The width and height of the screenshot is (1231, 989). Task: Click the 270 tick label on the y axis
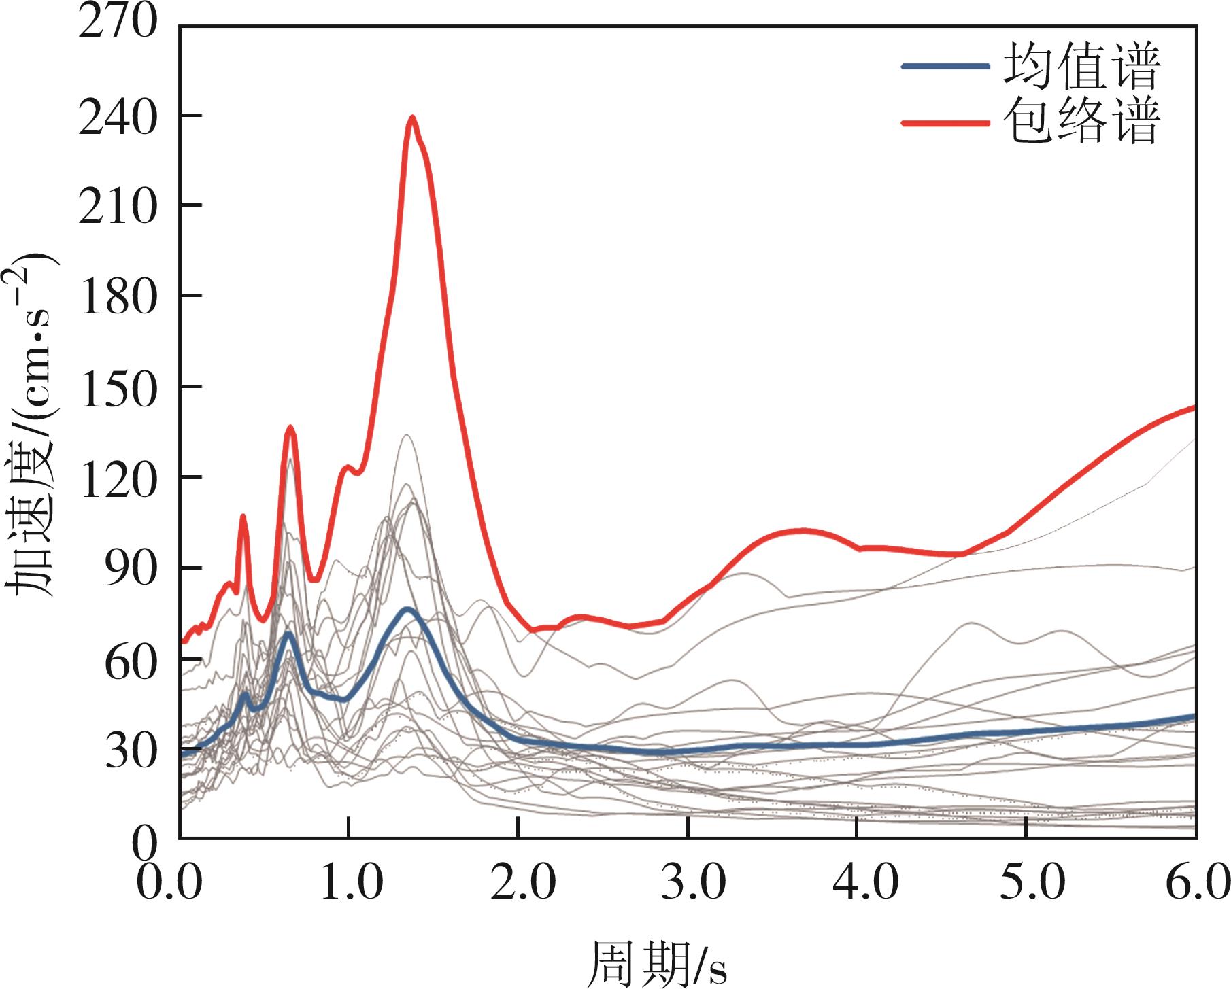(118, 24)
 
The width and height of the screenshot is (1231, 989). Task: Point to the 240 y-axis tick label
(118, 115)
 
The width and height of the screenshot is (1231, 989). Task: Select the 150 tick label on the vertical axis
(118, 387)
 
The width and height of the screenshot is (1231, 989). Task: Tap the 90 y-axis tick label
(131, 568)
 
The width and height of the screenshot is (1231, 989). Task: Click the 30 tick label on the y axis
(131, 750)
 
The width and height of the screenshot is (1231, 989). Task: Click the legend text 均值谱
(1081, 66)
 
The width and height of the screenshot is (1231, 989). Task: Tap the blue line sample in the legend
(945, 66)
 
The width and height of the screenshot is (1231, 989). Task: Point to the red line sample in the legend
(945, 123)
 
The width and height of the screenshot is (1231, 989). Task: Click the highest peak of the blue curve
(408, 609)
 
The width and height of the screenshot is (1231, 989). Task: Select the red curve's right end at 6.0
(1194, 407)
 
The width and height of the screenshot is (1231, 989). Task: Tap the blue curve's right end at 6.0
(1194, 716)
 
